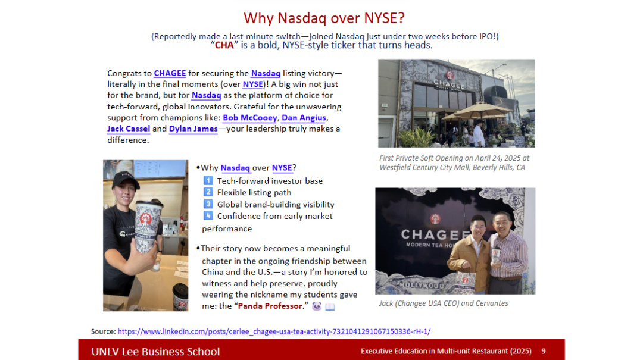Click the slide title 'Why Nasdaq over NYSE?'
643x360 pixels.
pyautogui.click(x=324, y=18)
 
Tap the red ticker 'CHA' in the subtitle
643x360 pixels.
pyautogui.click(x=224, y=45)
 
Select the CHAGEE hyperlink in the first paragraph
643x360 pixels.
pyautogui.click(x=170, y=73)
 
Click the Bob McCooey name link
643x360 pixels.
pyautogui.click(x=249, y=118)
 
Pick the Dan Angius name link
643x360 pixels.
pyautogui.click(x=304, y=118)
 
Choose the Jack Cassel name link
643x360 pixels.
pyautogui.click(x=129, y=129)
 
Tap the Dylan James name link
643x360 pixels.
pyautogui.click(x=193, y=129)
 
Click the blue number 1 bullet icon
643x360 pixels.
pyautogui.click(x=208, y=180)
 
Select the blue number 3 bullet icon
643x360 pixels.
pyautogui.click(x=208, y=204)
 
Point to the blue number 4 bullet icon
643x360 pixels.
pyautogui.click(x=208, y=215)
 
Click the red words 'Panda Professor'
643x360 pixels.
pyautogui.click(x=270, y=306)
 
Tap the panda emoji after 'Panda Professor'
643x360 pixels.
pyautogui.click(x=317, y=306)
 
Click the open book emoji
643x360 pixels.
pyautogui.click(x=330, y=306)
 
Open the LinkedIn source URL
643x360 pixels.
pyautogui.click(x=274, y=331)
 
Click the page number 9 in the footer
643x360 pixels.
pyautogui.click(x=544, y=351)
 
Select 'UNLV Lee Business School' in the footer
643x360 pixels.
pyautogui.click(x=155, y=352)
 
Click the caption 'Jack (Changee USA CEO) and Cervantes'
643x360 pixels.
pyautogui.click(x=444, y=303)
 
